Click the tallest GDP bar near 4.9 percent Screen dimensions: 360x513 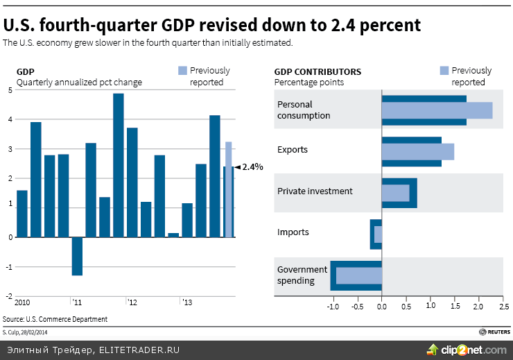[119, 165]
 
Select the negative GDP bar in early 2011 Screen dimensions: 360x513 [77, 256]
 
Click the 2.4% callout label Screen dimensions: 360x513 [252, 166]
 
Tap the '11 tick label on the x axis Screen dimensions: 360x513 [76, 302]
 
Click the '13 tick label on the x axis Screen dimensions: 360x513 [186, 302]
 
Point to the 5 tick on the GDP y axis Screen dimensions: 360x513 [10, 90]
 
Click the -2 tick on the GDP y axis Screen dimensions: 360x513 [9, 296]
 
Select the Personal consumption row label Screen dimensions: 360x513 [304, 110]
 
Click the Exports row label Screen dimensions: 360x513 [292, 150]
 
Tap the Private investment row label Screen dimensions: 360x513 [315, 191]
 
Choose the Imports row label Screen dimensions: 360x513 [293, 232]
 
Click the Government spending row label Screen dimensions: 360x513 [302, 275]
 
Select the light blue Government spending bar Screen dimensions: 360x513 [359, 275]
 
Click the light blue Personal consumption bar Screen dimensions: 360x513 [437, 110]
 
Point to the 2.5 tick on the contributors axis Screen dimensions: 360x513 [503, 306]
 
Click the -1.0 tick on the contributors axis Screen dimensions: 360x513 [332, 306]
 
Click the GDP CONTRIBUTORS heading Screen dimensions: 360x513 [318, 71]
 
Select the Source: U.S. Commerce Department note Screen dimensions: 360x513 [55, 319]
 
